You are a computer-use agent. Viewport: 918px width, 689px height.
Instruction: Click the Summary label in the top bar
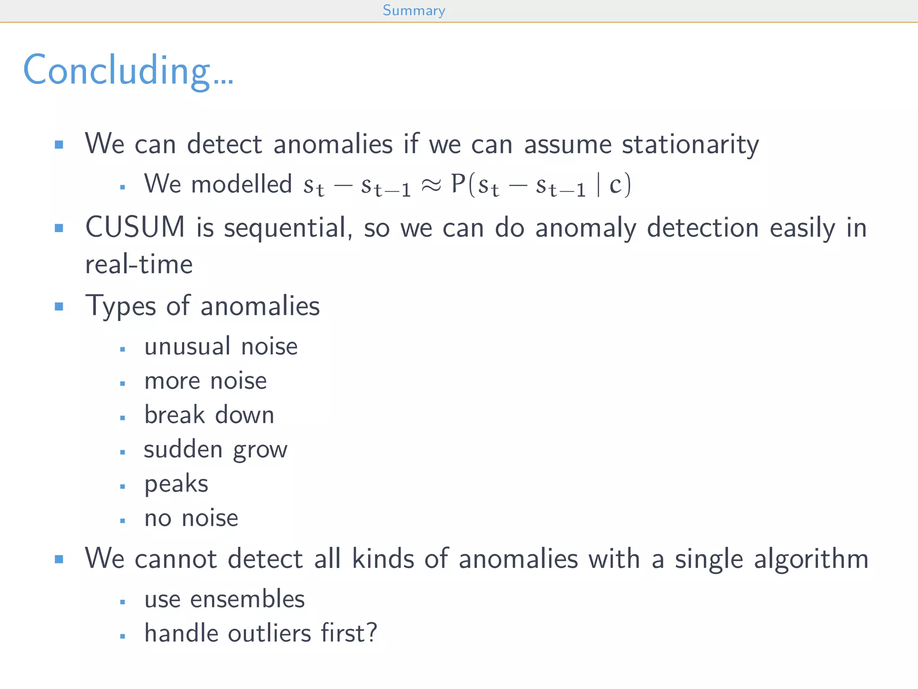[414, 10]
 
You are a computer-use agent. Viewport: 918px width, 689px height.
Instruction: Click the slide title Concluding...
[128, 70]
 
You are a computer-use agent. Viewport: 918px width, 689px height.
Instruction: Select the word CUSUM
[135, 227]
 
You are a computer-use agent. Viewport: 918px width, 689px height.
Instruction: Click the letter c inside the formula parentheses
[615, 185]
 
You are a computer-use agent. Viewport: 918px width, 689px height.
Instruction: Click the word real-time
[139, 264]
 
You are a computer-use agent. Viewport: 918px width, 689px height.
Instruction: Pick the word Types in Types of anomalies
[121, 306]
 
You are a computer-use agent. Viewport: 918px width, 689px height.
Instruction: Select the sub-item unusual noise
[221, 346]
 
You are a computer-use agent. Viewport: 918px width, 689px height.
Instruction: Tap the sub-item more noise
[205, 381]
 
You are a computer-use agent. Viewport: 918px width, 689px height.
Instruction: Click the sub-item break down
[209, 415]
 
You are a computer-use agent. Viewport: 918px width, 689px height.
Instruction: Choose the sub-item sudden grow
[216, 449]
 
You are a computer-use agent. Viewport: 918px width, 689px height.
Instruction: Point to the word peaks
[176, 484]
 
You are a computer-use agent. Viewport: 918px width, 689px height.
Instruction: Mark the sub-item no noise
[191, 518]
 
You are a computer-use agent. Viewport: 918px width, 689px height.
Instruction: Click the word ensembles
[247, 599]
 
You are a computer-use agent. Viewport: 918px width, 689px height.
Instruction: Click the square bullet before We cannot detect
[59, 559]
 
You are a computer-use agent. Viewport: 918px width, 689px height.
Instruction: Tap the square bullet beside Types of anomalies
[59, 306]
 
